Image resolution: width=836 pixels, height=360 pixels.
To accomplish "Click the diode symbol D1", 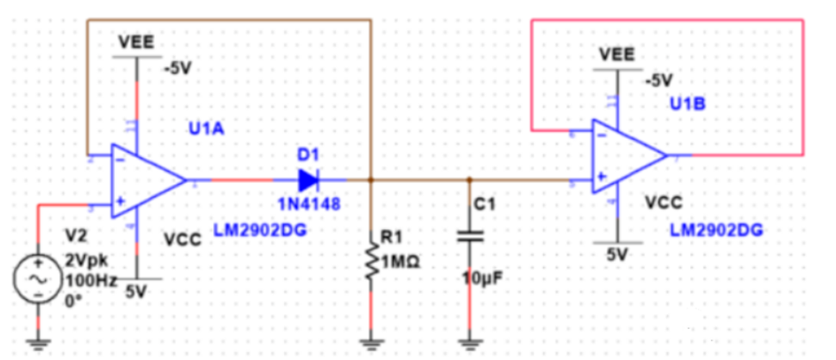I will (308, 180).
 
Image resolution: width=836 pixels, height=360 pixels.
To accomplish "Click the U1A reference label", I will (206, 129).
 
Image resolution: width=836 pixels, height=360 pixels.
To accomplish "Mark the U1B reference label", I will (686, 104).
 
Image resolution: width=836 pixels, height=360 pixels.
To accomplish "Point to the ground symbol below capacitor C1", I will (469, 341).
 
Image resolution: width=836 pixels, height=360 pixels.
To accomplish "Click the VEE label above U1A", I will (137, 42).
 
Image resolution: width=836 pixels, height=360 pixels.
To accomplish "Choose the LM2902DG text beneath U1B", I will (716, 231).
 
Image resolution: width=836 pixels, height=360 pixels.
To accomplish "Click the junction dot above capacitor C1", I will (469, 180).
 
